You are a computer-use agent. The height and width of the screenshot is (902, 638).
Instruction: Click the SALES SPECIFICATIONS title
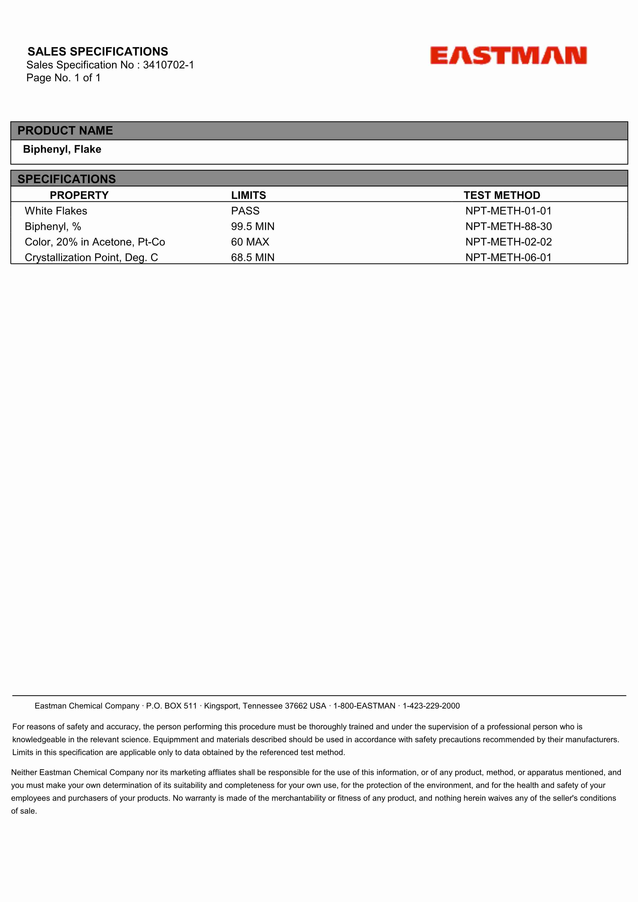98,51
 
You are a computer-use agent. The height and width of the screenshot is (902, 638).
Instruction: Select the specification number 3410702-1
168,65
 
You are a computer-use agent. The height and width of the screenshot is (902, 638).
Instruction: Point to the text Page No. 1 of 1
63,78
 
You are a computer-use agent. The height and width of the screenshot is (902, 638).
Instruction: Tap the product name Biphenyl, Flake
62,149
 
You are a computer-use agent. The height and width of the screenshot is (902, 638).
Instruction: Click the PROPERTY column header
79,195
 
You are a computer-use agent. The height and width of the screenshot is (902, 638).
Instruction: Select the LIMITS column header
248,195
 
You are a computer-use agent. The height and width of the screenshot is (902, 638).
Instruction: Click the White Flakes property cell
56,211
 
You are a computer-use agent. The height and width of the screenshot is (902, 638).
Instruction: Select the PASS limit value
245,211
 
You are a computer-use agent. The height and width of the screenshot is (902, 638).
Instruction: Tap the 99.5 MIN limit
252,226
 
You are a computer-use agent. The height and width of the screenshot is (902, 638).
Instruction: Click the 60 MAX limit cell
250,242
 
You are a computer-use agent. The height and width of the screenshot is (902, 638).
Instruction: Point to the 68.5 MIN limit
252,257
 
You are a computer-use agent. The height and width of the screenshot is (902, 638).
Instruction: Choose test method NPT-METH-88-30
508,226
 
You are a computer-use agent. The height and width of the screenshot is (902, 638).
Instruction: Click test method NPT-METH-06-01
508,257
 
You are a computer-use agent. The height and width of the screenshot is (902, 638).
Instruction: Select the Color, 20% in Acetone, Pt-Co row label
95,242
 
